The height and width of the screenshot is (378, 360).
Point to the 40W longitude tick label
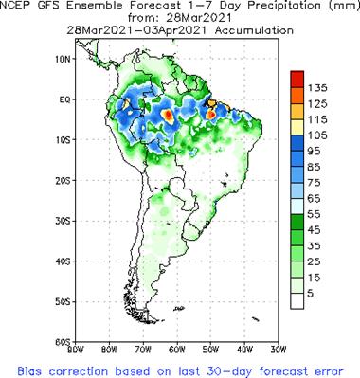[x=243, y=349]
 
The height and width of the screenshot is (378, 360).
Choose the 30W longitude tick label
[x=277, y=349]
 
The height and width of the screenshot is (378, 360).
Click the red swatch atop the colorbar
[x=296, y=77]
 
